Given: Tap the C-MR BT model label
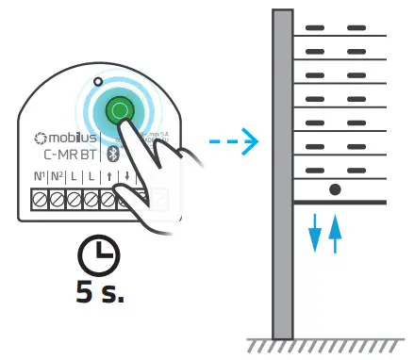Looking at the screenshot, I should (71, 155).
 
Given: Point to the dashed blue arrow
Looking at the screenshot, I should (233, 143).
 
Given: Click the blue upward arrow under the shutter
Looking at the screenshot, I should (334, 233).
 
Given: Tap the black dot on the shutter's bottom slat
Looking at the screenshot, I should (334, 189).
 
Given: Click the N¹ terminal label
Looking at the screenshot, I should (41, 176).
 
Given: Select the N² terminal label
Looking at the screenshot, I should (58, 176).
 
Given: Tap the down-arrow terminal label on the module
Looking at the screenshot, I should (125, 176).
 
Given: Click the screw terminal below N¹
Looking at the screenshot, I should (41, 199).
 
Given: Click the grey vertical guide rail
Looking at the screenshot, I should (282, 174).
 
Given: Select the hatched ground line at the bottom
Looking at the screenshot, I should (326, 345).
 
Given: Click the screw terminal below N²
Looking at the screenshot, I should (58, 199).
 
